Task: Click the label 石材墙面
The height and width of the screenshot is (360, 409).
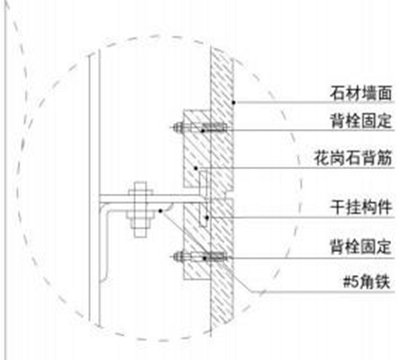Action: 360,93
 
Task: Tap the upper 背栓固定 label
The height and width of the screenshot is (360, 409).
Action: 361,121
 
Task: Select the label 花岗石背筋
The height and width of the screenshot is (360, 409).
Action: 353,158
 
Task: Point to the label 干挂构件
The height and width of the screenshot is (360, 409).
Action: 361,208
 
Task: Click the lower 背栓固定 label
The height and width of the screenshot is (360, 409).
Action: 361,247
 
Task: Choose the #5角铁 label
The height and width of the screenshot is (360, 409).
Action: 367,282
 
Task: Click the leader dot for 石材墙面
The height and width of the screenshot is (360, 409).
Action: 234,102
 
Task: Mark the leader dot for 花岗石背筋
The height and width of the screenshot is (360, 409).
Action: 195,169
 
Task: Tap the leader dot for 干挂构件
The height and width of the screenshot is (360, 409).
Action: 207,218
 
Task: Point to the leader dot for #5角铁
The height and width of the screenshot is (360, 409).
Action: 160,211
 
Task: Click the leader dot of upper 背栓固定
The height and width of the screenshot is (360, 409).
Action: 202,131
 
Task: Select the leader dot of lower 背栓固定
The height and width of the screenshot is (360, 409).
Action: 205,258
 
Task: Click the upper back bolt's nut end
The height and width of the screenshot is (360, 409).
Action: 179,127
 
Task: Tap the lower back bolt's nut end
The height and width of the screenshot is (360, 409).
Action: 179,257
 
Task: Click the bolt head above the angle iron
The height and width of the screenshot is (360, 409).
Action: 140,189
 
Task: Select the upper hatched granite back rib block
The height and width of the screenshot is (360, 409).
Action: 197,148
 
